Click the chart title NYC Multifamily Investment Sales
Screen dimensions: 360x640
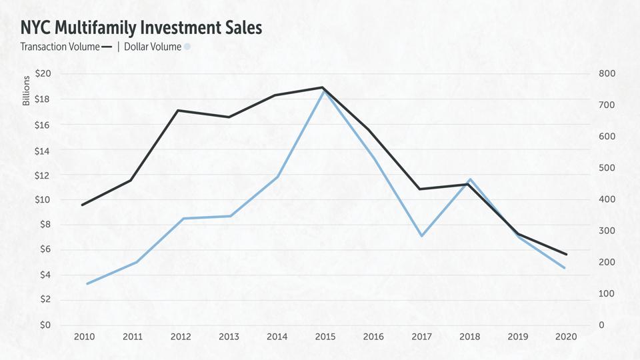tap(141, 27)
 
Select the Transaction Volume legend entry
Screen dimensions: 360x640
tap(66, 47)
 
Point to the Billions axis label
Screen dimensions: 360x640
tap(27, 91)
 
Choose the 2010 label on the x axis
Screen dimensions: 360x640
tap(84, 337)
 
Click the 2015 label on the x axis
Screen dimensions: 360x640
tap(324, 337)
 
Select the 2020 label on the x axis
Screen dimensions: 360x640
tap(565, 337)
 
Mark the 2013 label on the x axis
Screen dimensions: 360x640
tap(229, 337)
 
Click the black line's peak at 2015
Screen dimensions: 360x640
tap(323, 87)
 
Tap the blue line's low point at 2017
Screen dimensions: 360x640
tap(421, 236)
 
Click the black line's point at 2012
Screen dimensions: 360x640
tap(177, 110)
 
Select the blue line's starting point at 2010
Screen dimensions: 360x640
tap(87, 284)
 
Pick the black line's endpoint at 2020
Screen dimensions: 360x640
tap(566, 254)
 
